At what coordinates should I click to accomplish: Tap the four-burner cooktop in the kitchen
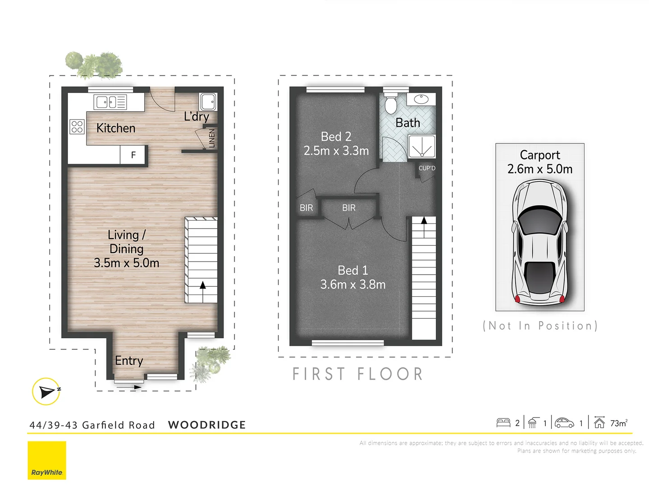[77, 127]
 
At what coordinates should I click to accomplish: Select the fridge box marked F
[133, 155]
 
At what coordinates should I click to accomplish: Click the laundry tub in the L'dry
[208, 101]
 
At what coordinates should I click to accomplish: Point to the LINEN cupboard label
[212, 138]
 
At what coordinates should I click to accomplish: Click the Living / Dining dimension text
[127, 263]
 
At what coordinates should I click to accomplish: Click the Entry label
[129, 361]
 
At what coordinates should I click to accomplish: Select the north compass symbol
[46, 391]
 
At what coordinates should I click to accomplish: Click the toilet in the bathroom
[390, 104]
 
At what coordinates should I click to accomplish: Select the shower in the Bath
[422, 147]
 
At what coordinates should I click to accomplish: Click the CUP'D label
[427, 168]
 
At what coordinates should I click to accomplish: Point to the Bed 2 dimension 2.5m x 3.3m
[336, 151]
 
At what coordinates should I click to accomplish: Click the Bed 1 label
[353, 270]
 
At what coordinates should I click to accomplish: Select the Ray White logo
[47, 460]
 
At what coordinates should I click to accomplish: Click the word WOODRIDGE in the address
[207, 425]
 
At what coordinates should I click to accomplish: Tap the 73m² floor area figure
[618, 423]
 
